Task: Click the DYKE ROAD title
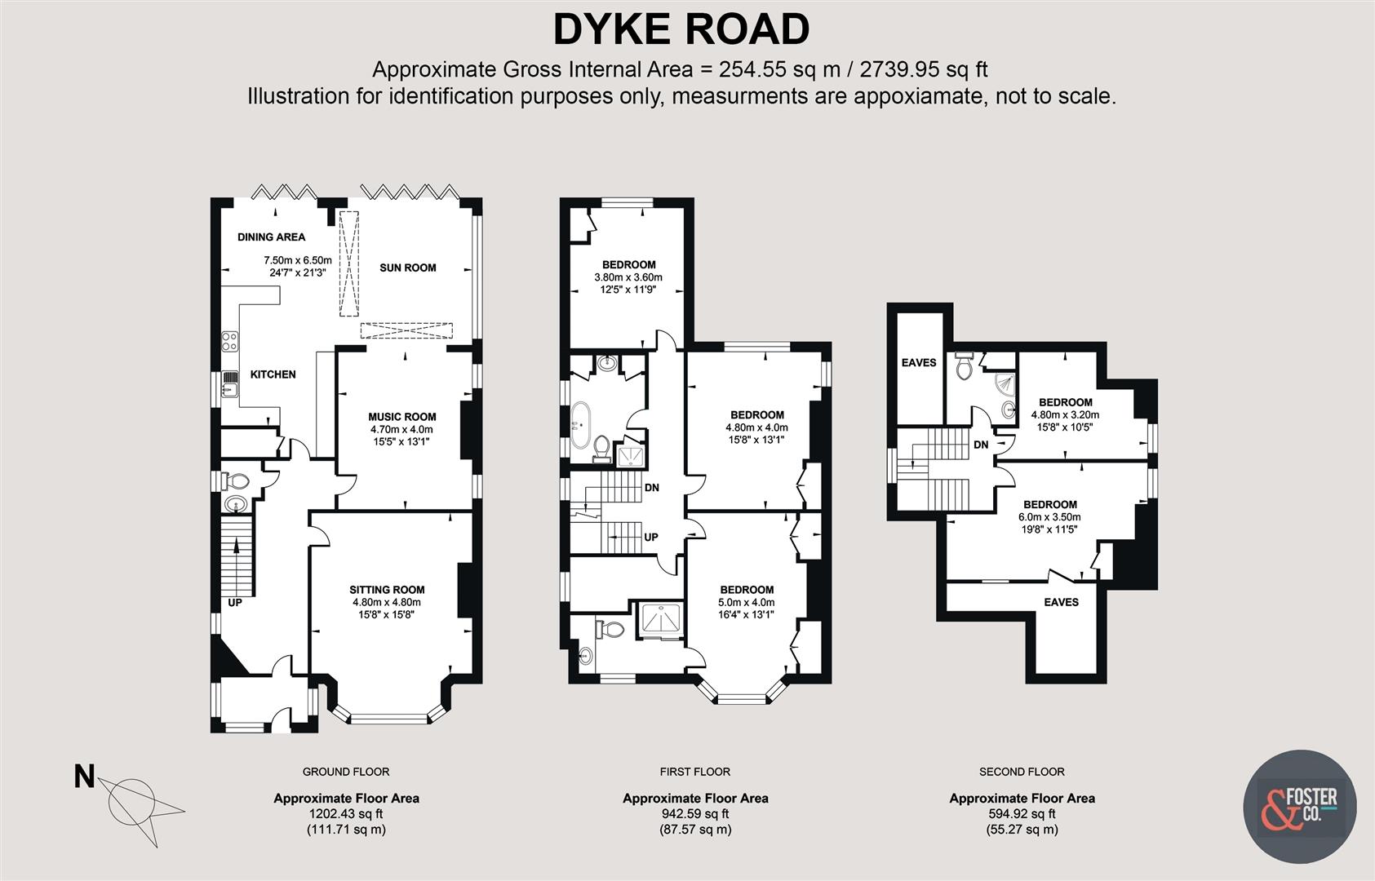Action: tap(681, 29)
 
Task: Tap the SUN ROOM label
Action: tap(407, 268)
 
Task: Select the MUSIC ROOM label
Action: tap(401, 417)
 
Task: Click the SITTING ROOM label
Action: tap(387, 590)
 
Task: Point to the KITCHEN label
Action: tap(273, 374)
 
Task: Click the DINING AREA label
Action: tap(271, 237)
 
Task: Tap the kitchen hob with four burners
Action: tap(229, 340)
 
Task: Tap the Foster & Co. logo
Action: tap(1300, 806)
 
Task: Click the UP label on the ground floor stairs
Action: tap(235, 604)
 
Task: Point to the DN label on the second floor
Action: tap(981, 445)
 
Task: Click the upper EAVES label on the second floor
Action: tap(919, 362)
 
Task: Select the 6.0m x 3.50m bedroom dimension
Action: tap(1049, 517)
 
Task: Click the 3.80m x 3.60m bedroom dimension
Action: tap(628, 277)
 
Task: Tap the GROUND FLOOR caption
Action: tap(346, 772)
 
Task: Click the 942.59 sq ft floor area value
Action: tap(695, 814)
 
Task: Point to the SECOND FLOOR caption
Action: tap(1022, 772)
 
